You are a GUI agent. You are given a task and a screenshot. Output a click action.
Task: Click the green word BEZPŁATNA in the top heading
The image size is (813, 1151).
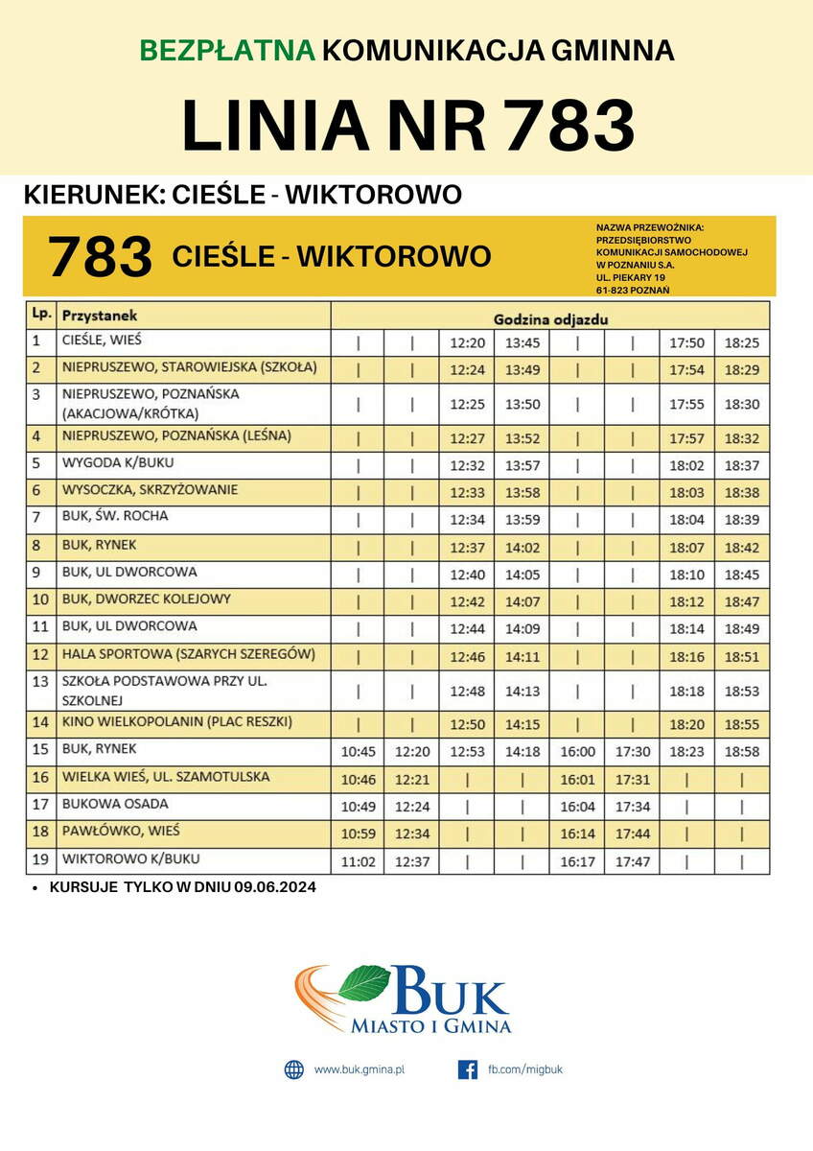coord(226,50)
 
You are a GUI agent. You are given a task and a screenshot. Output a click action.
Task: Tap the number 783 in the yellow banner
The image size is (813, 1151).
coord(100,257)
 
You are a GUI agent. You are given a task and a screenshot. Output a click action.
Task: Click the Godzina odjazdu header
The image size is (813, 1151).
coord(550,317)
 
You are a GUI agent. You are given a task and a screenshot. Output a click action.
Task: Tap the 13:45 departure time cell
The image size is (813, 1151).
coord(523,342)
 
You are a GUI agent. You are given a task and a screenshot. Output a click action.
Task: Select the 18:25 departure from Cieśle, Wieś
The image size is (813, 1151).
coord(741,342)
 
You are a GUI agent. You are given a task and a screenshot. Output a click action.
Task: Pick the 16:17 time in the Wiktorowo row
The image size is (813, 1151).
coord(577,861)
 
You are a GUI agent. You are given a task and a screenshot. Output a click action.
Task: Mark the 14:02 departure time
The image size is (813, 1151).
coord(523,548)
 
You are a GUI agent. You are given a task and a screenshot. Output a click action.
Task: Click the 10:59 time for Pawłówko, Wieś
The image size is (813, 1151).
coord(358,834)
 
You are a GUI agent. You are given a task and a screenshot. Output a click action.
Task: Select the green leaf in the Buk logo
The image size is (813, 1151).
coord(363,982)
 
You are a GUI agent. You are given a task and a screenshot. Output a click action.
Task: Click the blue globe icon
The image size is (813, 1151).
coord(293,1069)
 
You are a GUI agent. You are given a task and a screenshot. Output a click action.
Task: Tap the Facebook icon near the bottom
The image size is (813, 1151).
coord(468,1069)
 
